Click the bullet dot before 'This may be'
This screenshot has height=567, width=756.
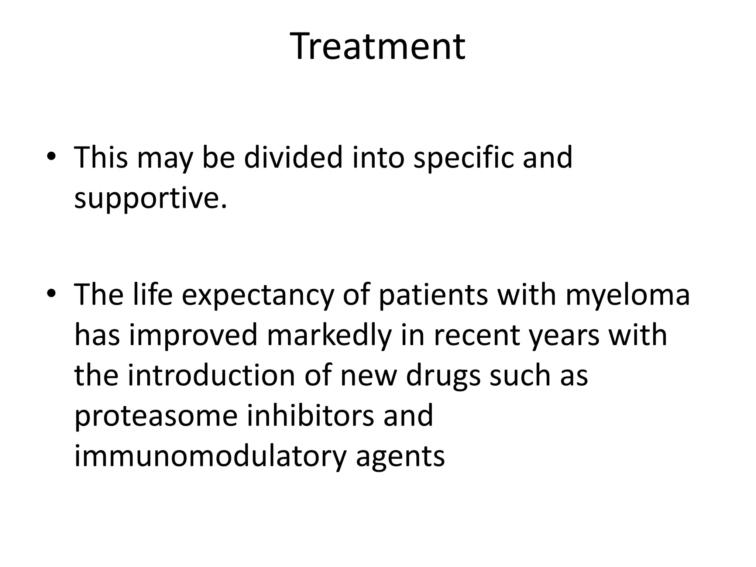click(x=51, y=157)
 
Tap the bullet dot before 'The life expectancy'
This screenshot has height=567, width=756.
click(x=51, y=294)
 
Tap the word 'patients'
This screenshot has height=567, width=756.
click(x=433, y=295)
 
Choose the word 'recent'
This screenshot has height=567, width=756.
click(x=477, y=335)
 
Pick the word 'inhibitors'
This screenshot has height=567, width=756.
click(x=310, y=416)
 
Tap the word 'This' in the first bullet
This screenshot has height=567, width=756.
click(x=101, y=158)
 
